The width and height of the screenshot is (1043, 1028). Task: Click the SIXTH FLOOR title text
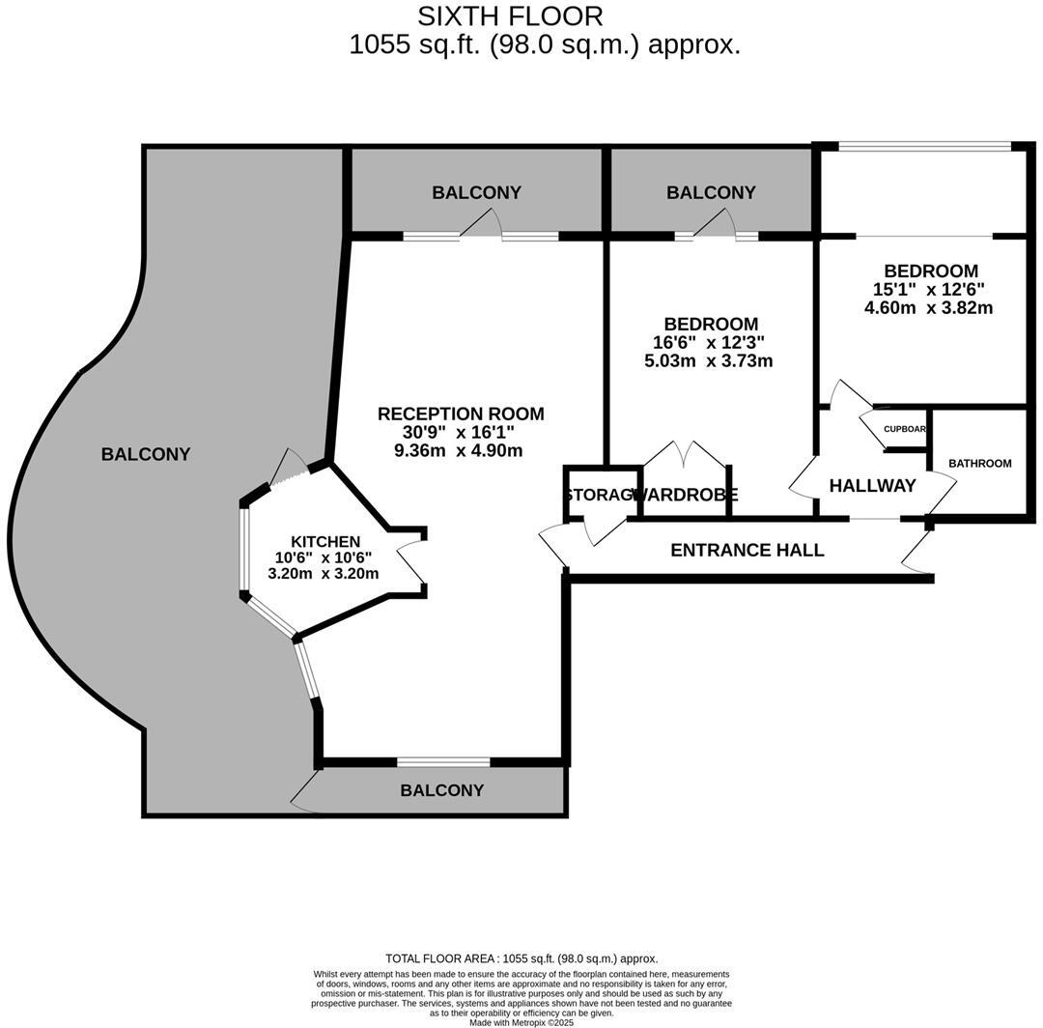(510, 16)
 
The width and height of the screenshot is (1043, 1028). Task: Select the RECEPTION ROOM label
(461, 414)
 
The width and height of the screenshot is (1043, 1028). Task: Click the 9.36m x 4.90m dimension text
(459, 450)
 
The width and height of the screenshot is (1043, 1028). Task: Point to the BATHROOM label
(979, 464)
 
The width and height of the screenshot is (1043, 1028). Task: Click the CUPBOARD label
(905, 429)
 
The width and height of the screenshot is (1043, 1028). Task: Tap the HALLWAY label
(872, 486)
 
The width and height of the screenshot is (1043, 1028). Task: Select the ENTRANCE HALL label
(747, 550)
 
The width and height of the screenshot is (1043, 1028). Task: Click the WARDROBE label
(687, 495)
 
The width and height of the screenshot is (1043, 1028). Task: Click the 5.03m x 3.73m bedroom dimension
(708, 361)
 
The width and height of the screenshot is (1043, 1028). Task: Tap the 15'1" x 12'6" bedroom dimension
(928, 289)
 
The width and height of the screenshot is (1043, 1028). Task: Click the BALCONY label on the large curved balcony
(146, 454)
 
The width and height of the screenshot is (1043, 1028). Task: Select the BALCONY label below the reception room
(442, 790)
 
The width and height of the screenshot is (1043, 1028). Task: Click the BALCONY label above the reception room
(476, 192)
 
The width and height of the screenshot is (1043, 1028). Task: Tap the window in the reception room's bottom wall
(443, 761)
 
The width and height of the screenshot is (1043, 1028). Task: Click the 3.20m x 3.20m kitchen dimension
(323, 573)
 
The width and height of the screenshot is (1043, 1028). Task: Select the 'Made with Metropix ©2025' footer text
(521, 1022)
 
